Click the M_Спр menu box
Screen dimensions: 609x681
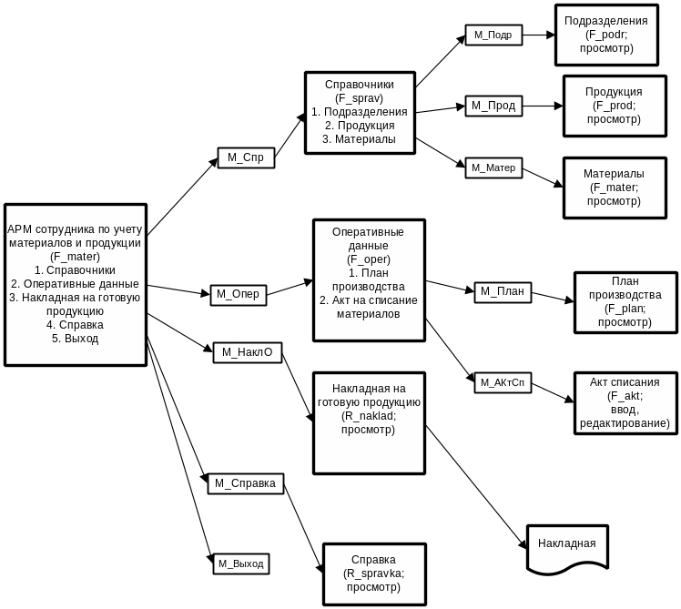[246, 157]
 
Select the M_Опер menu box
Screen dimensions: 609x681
[239, 294]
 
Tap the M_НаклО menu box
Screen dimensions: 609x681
[247, 352]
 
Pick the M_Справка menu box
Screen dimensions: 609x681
[246, 483]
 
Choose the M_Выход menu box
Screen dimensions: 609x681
[240, 563]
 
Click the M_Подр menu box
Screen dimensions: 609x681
[493, 36]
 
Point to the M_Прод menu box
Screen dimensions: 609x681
[493, 106]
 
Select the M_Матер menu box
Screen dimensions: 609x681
[493, 167]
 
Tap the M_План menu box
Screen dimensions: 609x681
[502, 291]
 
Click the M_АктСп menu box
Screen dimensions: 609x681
[503, 382]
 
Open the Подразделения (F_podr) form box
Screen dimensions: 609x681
[605, 35]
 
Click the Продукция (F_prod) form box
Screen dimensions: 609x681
[613, 106]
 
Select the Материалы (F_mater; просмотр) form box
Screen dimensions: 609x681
[613, 188]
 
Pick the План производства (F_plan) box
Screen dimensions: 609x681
[625, 302]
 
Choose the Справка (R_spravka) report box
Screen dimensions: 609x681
[373, 573]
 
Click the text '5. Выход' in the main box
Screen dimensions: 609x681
[75, 339]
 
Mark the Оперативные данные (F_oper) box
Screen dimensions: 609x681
[368, 280]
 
